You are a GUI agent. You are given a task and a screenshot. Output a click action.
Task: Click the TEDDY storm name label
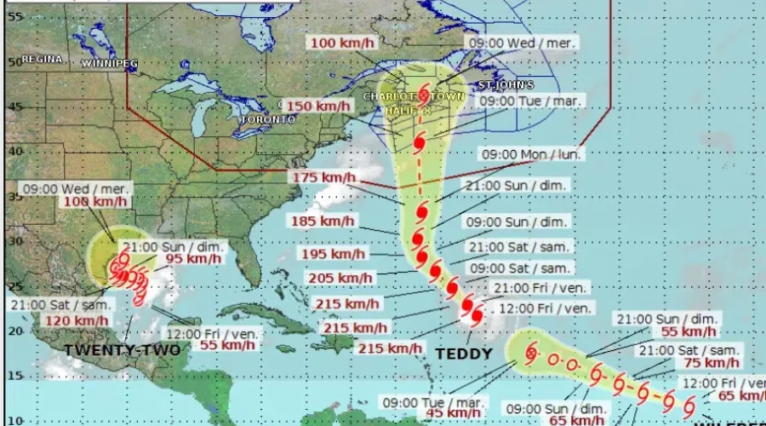464,354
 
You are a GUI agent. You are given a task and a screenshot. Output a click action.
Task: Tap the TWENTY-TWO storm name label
122,350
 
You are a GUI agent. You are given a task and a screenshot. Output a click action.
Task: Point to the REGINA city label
43,59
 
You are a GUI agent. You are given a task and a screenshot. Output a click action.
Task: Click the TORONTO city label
267,120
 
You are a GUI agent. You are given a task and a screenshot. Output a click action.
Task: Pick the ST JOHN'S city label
506,85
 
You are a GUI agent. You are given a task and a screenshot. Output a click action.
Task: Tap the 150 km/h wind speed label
317,106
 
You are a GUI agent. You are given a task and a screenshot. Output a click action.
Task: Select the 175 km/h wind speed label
323,177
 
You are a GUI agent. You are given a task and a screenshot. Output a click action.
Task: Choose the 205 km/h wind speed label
340,278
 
